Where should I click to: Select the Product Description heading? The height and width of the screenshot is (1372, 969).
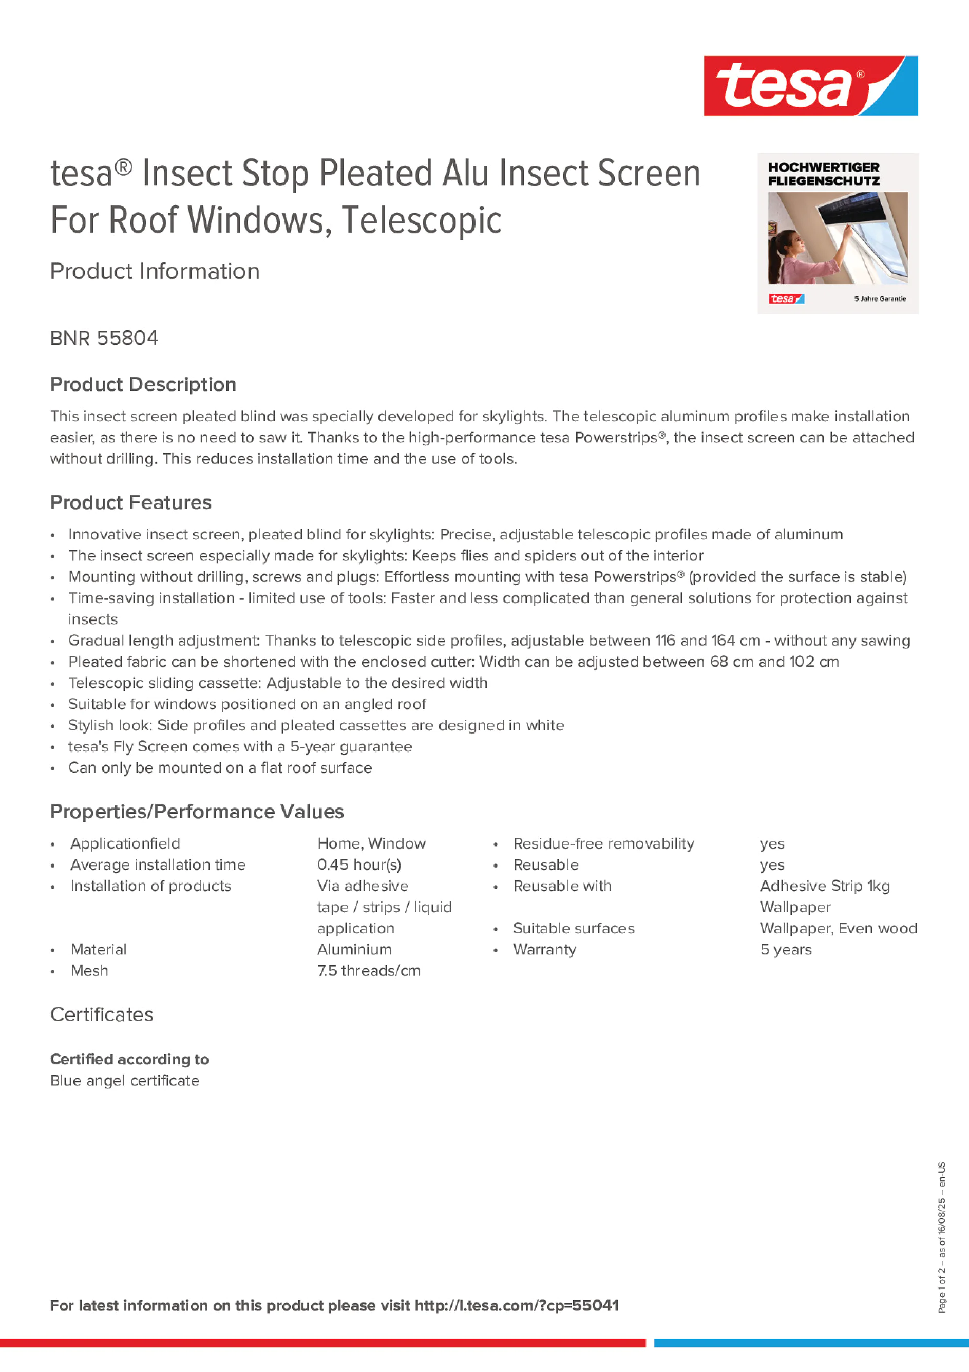pyautogui.click(x=143, y=384)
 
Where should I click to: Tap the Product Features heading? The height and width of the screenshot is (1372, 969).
pyautogui.click(x=130, y=502)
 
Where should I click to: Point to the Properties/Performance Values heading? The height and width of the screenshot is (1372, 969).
pyautogui.click(x=197, y=812)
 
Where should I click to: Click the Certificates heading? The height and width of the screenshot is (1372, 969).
pyautogui.click(x=102, y=1014)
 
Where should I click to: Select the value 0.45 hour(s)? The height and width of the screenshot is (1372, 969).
pyautogui.click(x=359, y=864)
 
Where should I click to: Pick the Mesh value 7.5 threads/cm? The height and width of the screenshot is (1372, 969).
pyautogui.click(x=369, y=971)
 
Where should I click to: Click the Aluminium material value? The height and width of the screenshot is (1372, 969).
pyautogui.click(x=354, y=950)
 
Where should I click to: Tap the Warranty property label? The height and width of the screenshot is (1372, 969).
pyautogui.click(x=544, y=950)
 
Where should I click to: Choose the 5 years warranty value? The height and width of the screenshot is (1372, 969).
pyautogui.click(x=786, y=950)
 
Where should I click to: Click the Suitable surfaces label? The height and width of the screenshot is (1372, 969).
pyautogui.click(x=574, y=929)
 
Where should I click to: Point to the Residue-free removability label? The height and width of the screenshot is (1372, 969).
pyautogui.click(x=603, y=844)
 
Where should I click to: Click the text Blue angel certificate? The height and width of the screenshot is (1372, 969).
pyautogui.click(x=124, y=1081)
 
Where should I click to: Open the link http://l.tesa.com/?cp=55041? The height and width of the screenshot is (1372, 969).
pyautogui.click(x=516, y=1306)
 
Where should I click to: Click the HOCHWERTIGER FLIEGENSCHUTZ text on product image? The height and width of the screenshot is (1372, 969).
pyautogui.click(x=823, y=174)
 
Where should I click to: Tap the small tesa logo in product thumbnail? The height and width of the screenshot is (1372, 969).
pyautogui.click(x=786, y=299)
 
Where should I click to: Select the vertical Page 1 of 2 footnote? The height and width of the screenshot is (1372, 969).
pyautogui.click(x=941, y=1237)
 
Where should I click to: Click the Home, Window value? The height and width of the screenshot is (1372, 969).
pyautogui.click(x=371, y=844)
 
